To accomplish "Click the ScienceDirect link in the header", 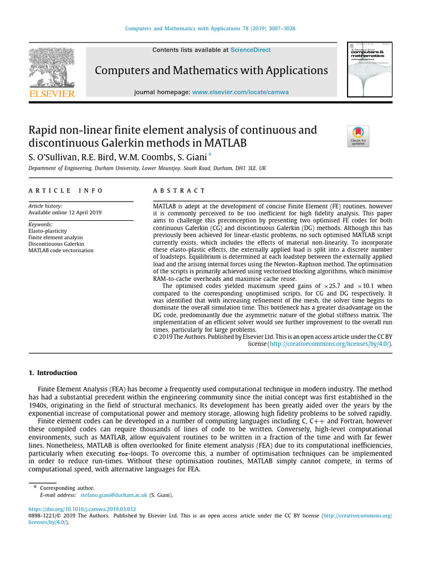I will coord(251,50).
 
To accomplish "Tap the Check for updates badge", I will coord(358,136).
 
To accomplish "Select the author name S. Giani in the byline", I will coord(190,158).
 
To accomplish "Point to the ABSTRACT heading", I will coord(179,191).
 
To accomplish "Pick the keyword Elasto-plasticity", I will coord(48,231).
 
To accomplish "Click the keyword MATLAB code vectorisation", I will coord(61,250).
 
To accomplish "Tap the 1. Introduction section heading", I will coord(53,373).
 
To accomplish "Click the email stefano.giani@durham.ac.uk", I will coord(110,495).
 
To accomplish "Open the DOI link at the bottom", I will coord(82,509).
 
